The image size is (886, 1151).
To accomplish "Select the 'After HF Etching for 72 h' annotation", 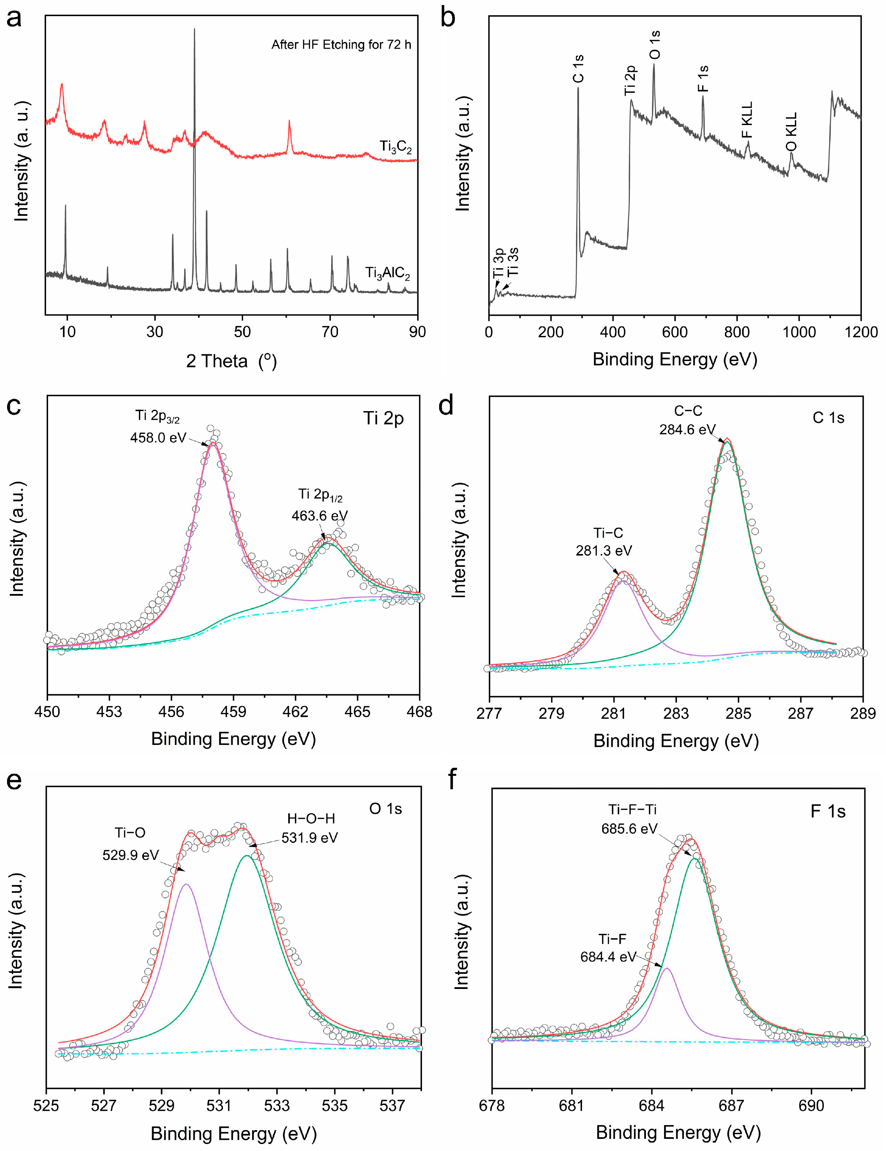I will tap(341, 45).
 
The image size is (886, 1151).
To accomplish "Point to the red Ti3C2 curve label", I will tap(395, 147).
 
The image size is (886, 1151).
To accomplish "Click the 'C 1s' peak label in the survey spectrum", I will tap(578, 69).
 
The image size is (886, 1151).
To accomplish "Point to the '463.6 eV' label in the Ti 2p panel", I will tap(319, 515).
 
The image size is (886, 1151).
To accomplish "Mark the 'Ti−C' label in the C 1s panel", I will tap(604, 533).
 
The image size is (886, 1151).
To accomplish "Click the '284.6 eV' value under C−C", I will tap(687, 430).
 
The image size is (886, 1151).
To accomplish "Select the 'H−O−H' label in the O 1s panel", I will tap(311, 819).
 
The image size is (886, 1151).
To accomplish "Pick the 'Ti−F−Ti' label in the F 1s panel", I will tap(632, 809).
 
